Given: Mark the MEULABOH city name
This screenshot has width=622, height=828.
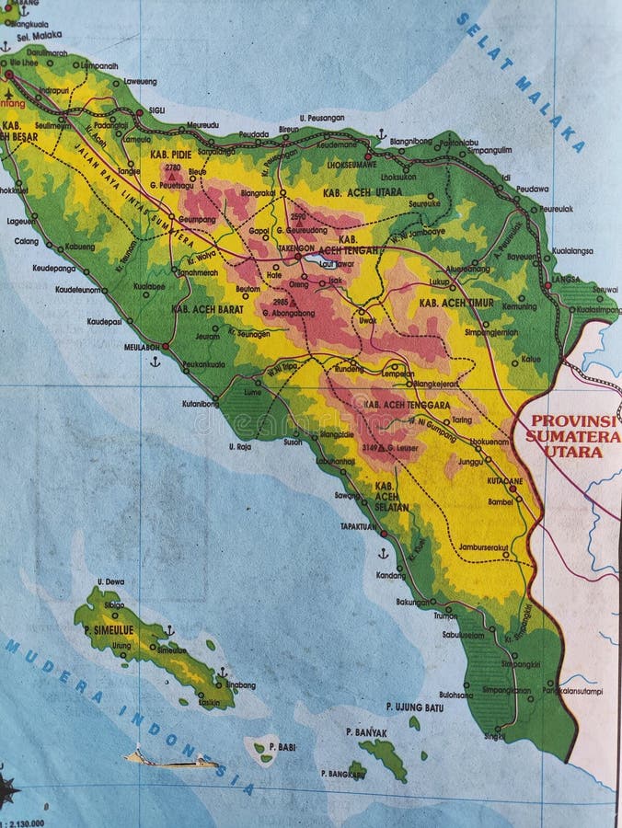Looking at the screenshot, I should coord(144,347).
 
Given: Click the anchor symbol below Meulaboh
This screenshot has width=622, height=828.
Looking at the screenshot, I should coord(155,362).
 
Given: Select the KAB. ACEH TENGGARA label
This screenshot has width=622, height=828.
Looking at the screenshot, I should coord(406,405).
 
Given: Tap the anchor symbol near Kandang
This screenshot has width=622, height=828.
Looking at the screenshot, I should coord(383,553).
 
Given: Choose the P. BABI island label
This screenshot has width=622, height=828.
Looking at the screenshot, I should coord(282,747).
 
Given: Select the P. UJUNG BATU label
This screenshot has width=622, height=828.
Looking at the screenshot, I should coord(415,707).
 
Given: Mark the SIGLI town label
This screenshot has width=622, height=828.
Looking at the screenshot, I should coord(156,109).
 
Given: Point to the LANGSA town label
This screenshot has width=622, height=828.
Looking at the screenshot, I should coord(565,278).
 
